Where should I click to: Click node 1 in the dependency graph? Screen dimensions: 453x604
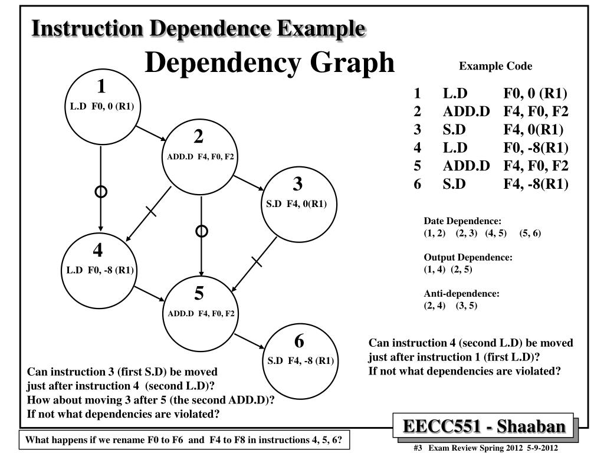point(101,107)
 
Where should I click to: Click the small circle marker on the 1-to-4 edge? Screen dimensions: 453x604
point(101,192)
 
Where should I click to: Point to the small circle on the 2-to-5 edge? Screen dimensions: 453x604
point(202,231)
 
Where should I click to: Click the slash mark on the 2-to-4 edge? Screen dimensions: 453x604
point(151,211)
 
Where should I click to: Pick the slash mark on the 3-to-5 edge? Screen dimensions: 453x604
point(257,261)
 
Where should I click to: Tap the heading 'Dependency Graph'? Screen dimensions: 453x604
point(270,63)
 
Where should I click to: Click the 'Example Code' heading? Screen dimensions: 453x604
point(495,66)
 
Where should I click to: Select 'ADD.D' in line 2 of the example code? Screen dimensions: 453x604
point(466,111)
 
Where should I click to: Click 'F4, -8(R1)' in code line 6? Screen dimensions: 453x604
point(536,184)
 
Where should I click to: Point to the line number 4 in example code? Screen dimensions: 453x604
point(417,147)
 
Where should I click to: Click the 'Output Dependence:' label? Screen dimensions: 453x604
point(468,258)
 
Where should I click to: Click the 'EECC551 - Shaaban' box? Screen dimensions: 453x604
point(484,426)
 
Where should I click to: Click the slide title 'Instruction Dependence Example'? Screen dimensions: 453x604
point(198,28)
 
